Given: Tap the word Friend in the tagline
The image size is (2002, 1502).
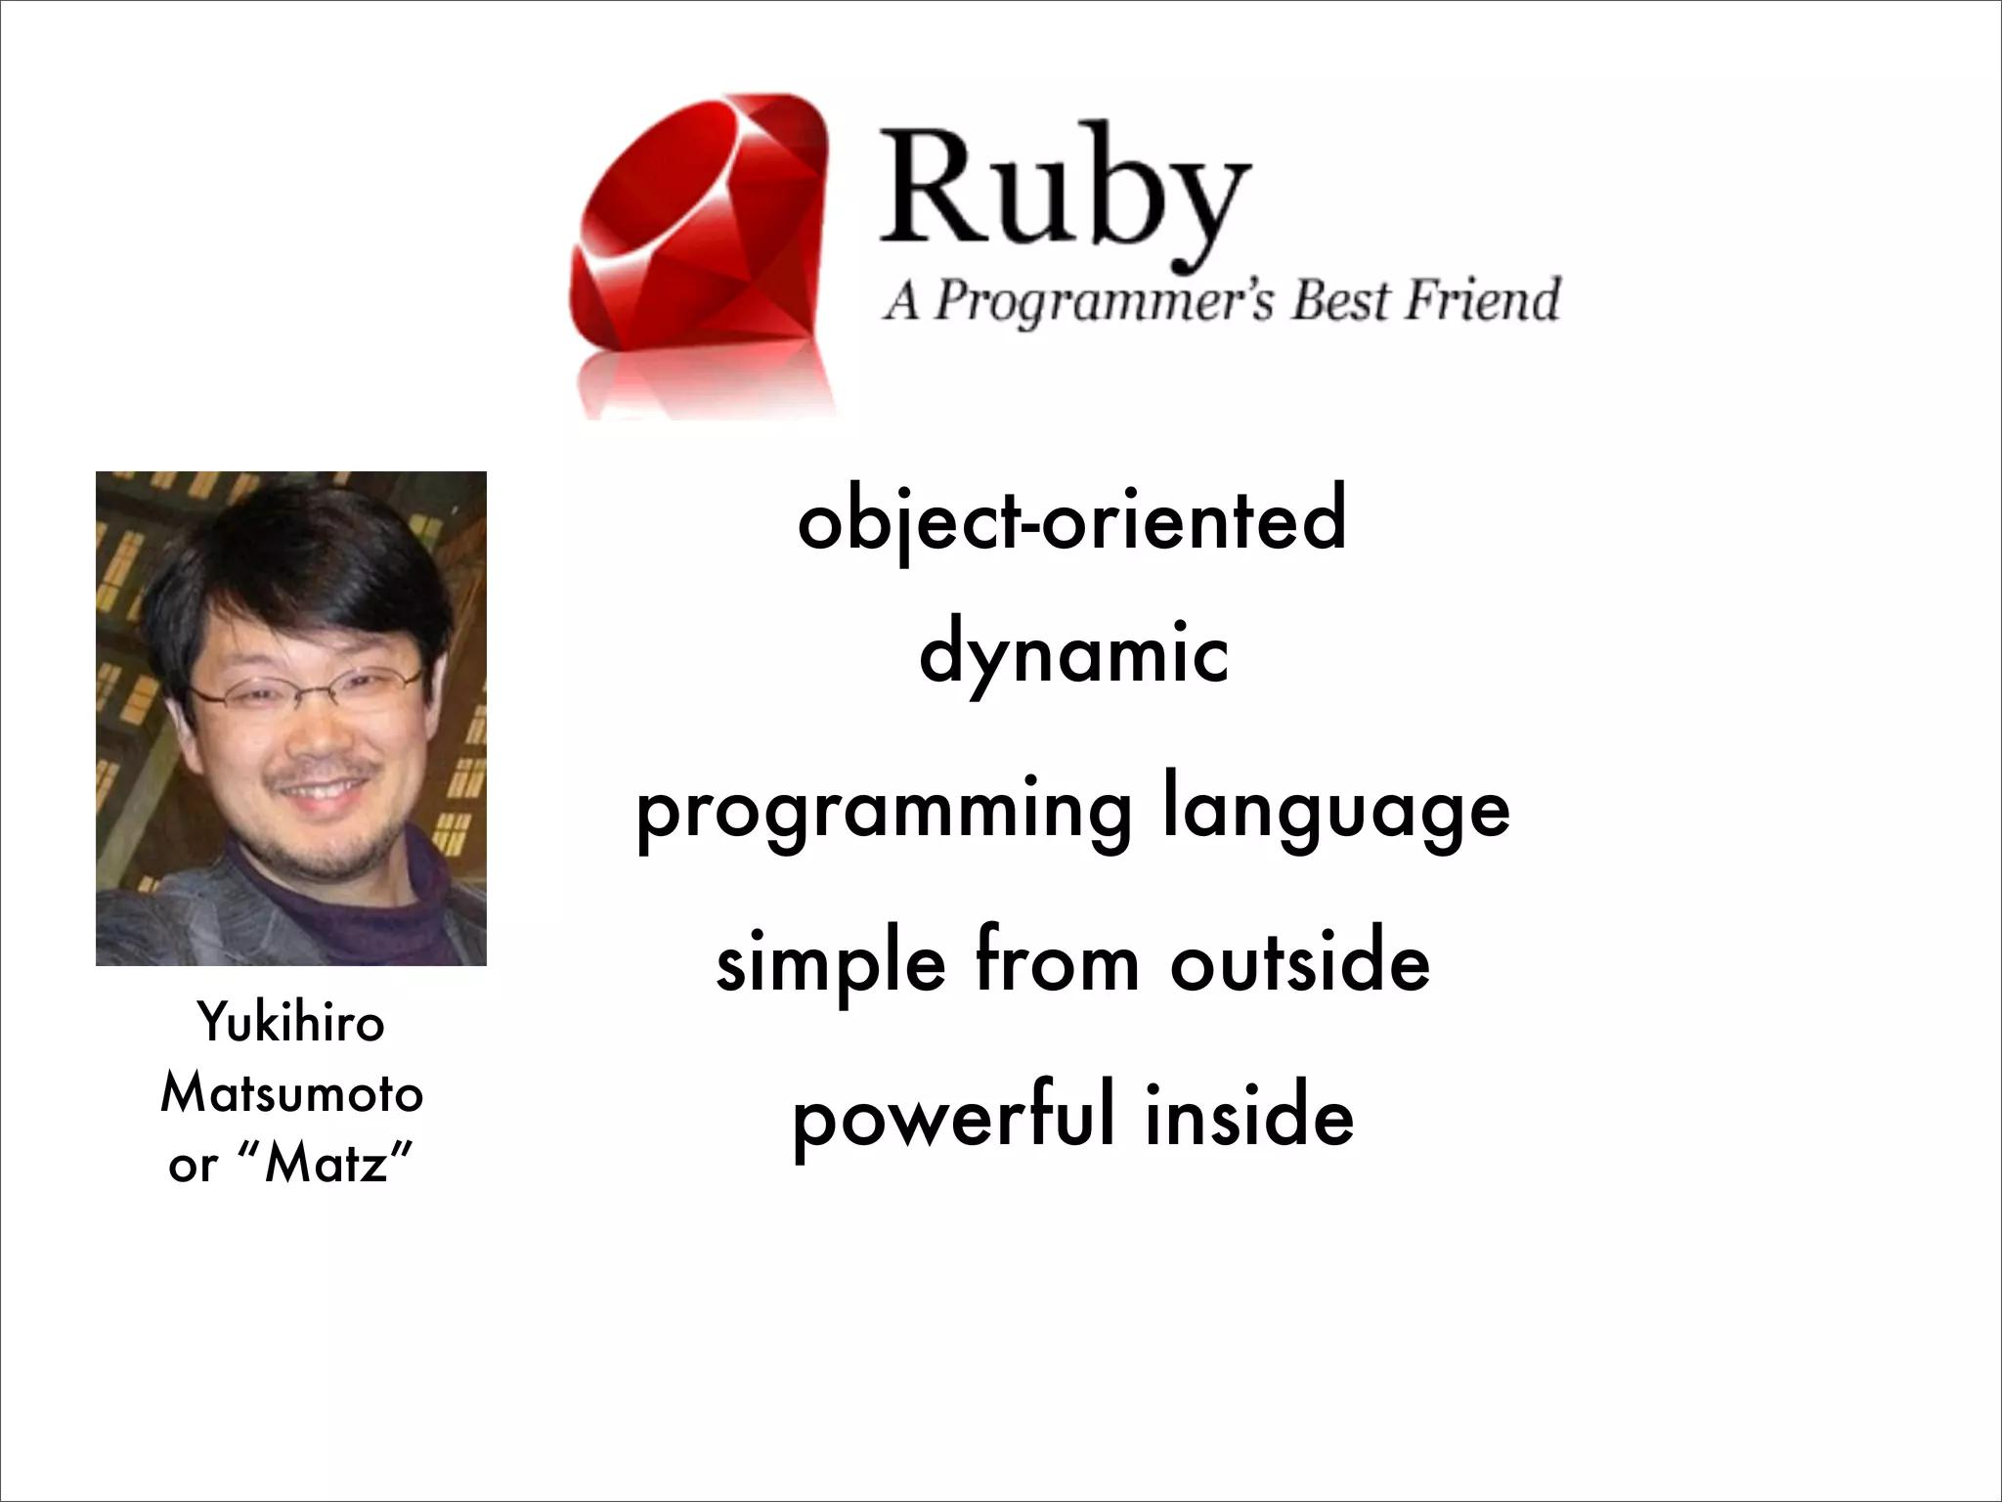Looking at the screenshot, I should (x=1482, y=299).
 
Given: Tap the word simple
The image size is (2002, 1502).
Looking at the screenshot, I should (x=831, y=964).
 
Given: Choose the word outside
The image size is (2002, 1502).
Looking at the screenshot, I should (x=1300, y=962).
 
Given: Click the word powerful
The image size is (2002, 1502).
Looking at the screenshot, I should (x=953, y=1117).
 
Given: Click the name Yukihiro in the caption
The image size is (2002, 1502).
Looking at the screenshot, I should (x=291, y=1025).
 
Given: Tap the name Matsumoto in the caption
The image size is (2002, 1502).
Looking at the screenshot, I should (x=291, y=1093).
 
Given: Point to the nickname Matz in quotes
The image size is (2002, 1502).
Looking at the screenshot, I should (x=327, y=1164).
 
